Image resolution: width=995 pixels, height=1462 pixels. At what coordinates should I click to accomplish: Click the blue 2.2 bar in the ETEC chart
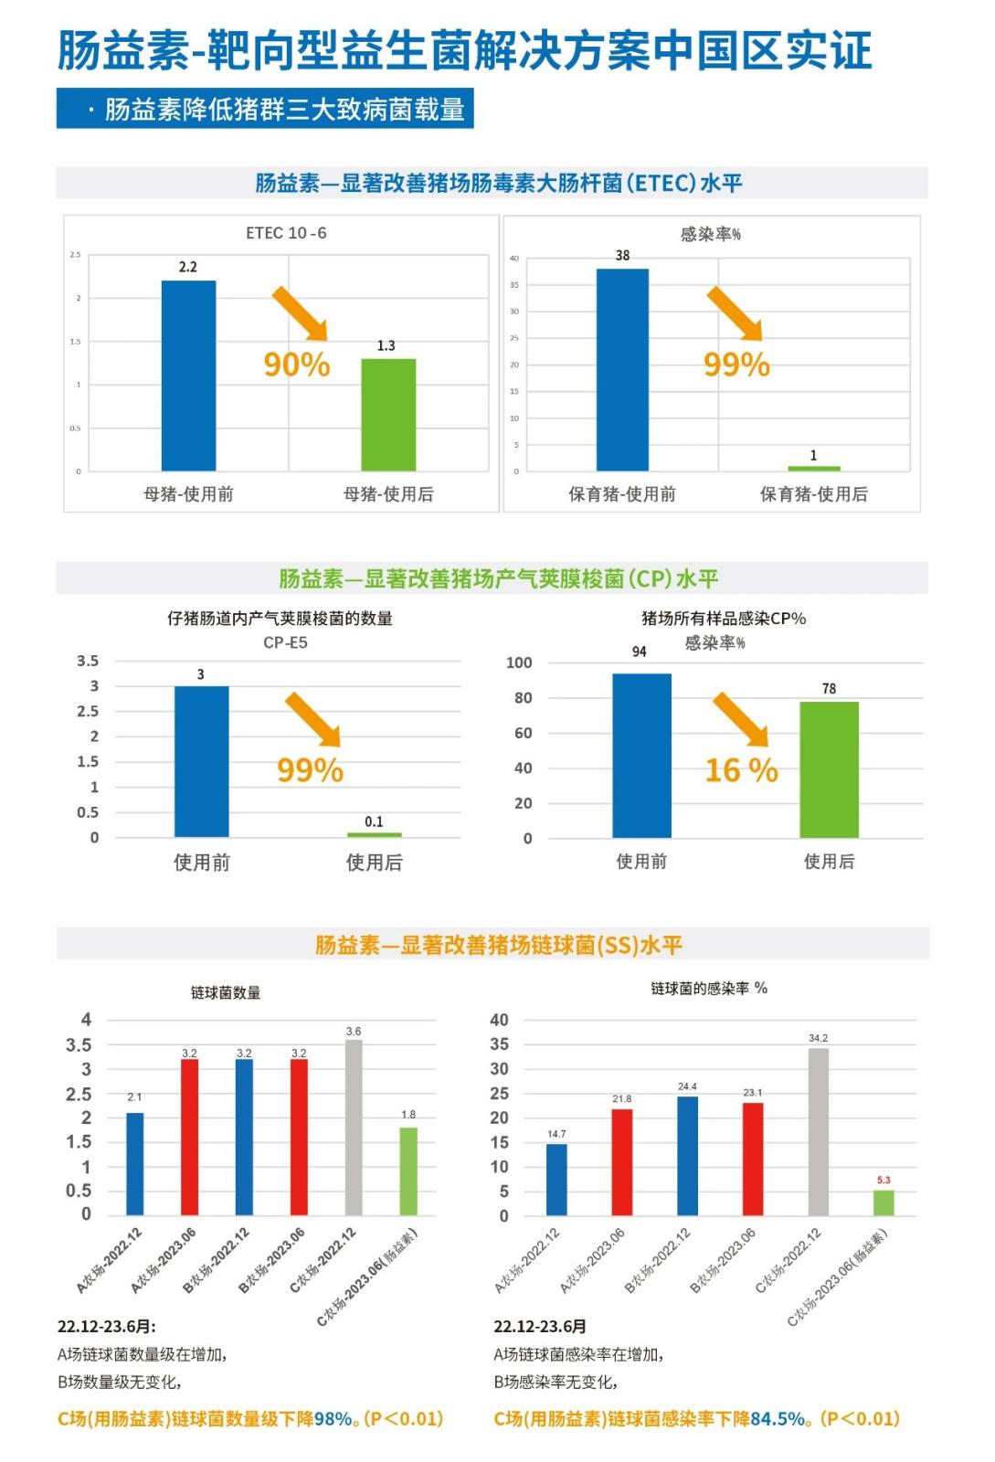188,376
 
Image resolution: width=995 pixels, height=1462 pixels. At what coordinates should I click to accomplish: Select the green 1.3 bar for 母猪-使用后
388,415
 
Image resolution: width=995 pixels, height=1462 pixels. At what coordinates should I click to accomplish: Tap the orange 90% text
297,365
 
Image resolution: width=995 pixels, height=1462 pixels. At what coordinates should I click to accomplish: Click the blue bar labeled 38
622,370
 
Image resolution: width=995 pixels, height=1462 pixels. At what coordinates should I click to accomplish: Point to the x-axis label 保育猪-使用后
813,494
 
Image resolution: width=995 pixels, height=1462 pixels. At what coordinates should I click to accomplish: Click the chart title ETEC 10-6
286,233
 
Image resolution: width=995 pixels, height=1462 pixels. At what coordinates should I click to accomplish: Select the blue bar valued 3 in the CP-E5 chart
201,761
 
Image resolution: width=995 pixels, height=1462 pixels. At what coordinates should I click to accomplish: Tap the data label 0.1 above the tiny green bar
374,821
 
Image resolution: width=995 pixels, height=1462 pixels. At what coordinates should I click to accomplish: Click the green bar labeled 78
829,769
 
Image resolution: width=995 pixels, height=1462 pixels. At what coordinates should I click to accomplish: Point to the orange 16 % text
741,770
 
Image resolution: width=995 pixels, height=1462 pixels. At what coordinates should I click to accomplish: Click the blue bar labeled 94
641,756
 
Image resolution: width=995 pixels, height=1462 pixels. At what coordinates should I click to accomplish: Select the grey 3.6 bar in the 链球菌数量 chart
354,1128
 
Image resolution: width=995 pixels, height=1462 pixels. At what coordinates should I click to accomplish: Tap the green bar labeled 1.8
408,1171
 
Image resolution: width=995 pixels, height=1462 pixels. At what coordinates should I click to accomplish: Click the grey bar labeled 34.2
819,1131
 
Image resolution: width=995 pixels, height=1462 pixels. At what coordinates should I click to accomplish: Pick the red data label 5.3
884,1180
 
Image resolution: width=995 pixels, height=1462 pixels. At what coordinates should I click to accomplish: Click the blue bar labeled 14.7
556,1179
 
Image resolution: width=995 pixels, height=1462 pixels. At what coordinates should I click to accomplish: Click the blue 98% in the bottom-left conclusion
333,1419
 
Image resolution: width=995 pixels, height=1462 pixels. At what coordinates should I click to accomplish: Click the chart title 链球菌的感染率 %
709,989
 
